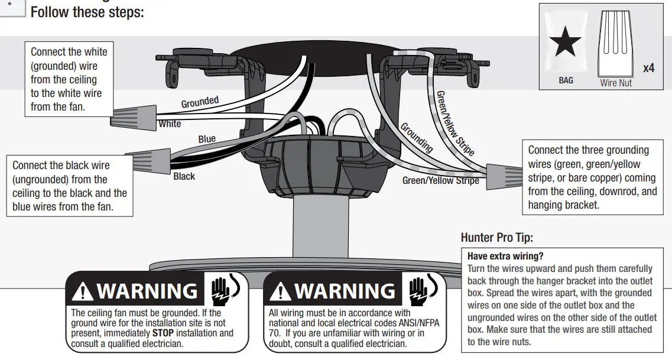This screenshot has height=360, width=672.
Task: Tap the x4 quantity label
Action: point(648,68)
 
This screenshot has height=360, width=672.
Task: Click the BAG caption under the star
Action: point(566,80)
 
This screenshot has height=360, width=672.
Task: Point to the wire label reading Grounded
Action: point(200,102)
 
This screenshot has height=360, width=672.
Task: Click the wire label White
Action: point(170,124)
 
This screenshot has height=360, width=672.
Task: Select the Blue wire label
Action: point(207,140)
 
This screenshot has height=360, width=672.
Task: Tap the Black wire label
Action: point(184,176)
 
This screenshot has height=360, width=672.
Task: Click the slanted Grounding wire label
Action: point(417,138)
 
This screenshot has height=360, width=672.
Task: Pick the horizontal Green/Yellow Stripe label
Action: point(440,180)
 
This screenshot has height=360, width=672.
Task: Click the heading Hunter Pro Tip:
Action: point(496,238)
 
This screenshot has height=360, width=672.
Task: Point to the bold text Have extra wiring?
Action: point(505,257)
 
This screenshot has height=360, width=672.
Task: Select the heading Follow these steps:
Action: point(87,12)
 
